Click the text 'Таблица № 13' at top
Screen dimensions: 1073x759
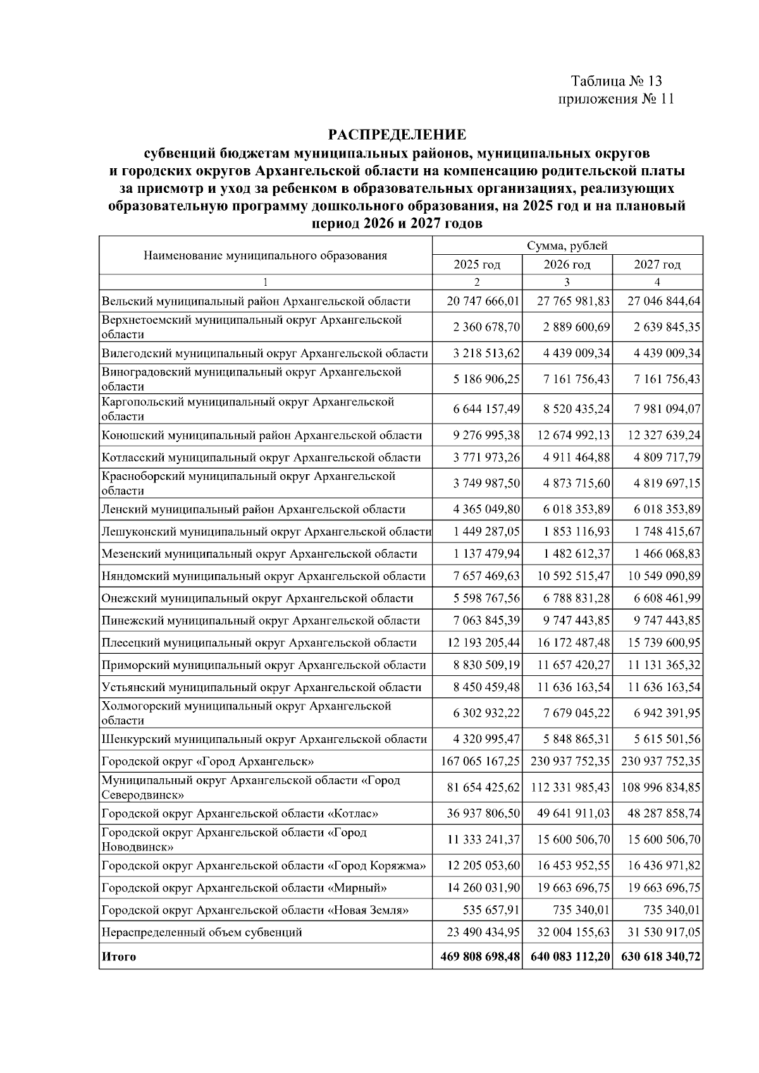coord(616,81)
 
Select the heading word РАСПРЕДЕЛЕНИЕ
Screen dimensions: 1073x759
coord(397,135)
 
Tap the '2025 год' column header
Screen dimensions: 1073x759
coord(477,264)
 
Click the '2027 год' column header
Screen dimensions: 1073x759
coord(657,264)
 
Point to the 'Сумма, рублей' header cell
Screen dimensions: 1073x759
coord(567,245)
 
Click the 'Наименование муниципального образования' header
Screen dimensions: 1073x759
coord(265,255)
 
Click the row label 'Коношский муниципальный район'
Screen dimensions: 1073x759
coord(261,435)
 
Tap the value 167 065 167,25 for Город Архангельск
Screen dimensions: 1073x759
coord(480,761)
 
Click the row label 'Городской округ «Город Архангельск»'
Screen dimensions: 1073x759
coord(208,761)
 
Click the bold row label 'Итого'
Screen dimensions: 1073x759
coord(118,957)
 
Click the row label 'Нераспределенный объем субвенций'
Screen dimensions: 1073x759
coord(202,932)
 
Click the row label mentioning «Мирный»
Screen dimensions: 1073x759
coord(244,888)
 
